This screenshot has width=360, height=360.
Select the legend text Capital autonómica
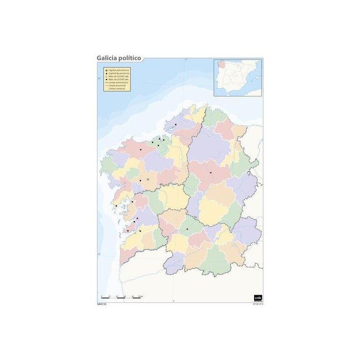coord(118,70)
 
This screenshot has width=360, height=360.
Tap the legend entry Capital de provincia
coord(118,74)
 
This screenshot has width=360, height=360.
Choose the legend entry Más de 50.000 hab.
coord(118,77)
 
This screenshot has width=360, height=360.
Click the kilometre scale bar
coord(121,298)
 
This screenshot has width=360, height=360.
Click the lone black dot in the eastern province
coord(211,172)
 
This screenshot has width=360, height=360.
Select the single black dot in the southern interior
coord(187,229)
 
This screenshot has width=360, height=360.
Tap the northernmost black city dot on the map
coord(175,124)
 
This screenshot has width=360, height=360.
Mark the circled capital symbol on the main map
coord(148,179)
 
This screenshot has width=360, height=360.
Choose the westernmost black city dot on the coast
coord(116,206)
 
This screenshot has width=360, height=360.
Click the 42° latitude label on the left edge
coord(98,254)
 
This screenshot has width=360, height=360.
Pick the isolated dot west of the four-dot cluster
coord(140,150)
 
